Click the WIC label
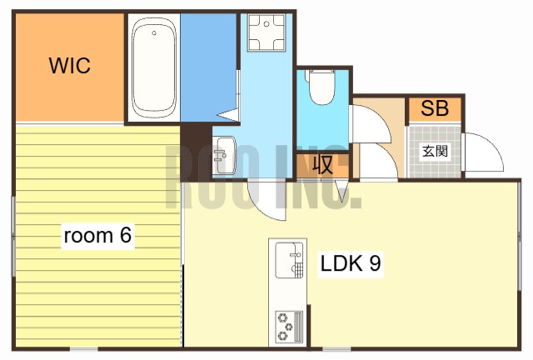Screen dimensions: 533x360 70,65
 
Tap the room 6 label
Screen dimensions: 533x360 97,235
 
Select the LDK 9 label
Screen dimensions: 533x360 351,263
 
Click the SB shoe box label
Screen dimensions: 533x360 435,108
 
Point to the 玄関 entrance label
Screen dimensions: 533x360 435,151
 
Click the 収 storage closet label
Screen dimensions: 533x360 322,165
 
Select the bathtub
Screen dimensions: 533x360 154,67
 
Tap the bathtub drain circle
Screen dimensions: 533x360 154,33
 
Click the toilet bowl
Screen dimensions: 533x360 322,87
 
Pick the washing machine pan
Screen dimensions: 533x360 266,32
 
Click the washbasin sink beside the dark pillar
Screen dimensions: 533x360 224,155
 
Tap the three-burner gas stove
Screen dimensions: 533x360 289,327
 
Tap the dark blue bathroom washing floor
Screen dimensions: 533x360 208,67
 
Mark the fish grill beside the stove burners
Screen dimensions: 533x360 298,327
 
